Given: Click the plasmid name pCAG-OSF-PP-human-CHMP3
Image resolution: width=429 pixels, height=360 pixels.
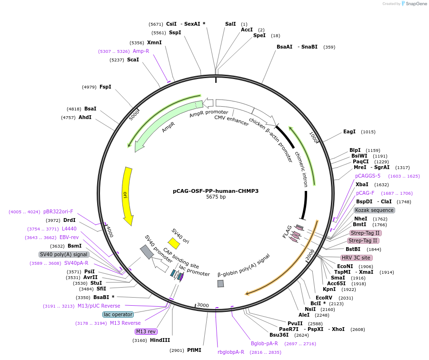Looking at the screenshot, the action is (216, 191).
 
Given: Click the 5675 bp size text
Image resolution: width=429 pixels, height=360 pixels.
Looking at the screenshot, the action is (216, 197).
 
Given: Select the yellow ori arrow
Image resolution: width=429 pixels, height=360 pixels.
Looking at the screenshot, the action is (127, 195).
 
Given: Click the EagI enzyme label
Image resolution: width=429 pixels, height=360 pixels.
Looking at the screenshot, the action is (349, 132).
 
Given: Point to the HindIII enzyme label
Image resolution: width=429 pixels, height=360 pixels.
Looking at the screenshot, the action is (160, 340).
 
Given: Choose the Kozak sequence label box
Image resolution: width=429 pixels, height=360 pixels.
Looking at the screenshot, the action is (374, 210).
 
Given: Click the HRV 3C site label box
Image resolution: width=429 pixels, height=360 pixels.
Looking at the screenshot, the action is (357, 258).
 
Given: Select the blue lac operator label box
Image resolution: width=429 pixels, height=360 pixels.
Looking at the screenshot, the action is (118, 314).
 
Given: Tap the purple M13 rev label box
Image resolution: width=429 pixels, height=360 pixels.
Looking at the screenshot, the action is (146, 331).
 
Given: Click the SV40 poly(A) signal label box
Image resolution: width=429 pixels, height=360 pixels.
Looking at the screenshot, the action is (63, 254).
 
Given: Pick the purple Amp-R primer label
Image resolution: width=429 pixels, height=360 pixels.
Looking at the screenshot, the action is (141, 51).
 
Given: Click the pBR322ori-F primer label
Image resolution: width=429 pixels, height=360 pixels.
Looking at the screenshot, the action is (58, 211).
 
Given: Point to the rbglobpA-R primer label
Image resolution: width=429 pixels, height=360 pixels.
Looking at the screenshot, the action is (231, 352).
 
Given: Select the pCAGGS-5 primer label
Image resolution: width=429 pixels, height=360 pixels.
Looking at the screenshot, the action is (368, 176).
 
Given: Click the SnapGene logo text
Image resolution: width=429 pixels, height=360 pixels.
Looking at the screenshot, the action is (416, 4).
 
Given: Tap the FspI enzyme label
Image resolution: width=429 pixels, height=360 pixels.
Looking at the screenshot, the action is (105, 87).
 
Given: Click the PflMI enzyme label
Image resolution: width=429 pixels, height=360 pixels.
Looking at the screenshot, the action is (194, 350).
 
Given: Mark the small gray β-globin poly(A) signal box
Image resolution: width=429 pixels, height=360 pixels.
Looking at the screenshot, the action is (220, 283).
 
